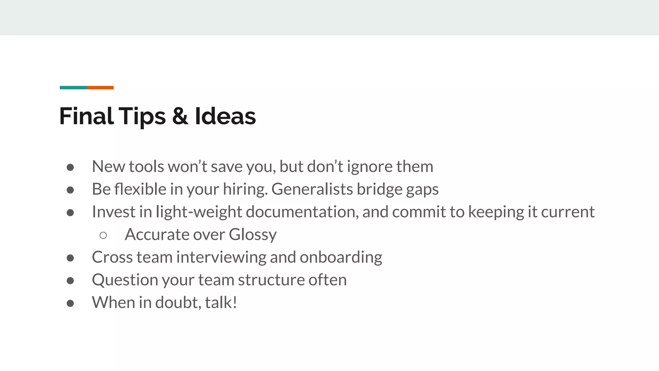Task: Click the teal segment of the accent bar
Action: pos(73,88)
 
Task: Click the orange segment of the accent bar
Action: pos(100,88)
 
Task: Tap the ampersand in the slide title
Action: pos(180,116)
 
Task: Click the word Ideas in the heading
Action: pos(225,116)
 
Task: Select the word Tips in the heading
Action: pos(142,117)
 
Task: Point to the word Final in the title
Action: pos(86,116)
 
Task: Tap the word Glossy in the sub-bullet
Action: pos(253,235)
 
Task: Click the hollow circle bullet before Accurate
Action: pos(103,235)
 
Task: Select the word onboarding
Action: pos(341,257)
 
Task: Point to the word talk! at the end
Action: pos(221,303)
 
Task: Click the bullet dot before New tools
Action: pos(70,167)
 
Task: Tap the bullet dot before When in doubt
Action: pos(70,303)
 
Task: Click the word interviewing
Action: pos(221,257)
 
